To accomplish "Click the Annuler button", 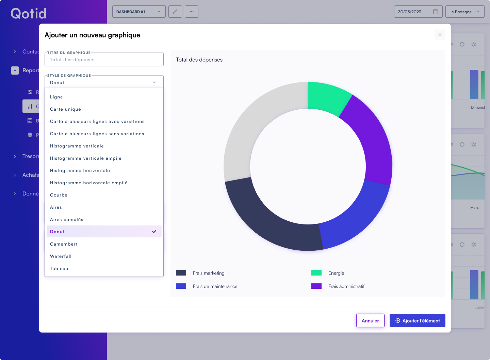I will [370, 320].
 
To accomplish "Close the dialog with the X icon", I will [440, 35].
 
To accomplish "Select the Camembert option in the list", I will [64, 244].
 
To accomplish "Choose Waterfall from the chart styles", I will [61, 256].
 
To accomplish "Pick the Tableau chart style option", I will [59, 269].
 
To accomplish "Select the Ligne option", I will [56, 97].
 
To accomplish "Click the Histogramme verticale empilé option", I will [86, 158].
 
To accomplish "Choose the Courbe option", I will [59, 195].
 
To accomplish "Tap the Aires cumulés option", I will [67, 220].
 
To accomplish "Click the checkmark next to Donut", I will [154, 232].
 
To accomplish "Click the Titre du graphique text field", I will [104, 60].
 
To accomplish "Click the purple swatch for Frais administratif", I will [316, 286].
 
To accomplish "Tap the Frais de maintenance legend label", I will [215, 286].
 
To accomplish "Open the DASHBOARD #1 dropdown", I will [139, 12].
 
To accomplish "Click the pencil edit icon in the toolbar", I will [175, 12].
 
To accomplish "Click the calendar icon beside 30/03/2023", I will [436, 12].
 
